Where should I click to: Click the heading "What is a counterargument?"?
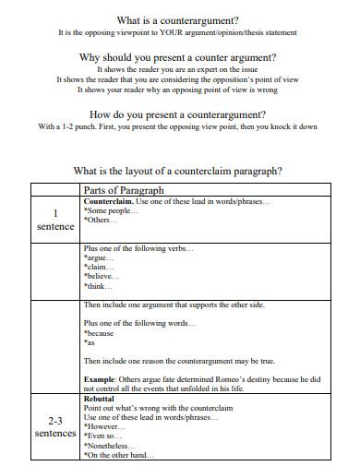click(x=179, y=19)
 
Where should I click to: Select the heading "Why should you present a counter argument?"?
click(x=179, y=57)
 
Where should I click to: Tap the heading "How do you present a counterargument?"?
click(x=179, y=114)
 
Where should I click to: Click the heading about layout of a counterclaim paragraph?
click(x=177, y=170)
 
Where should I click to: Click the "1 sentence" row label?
click(x=54, y=219)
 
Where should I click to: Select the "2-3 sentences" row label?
click(x=54, y=426)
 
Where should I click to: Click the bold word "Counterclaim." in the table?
click(x=108, y=201)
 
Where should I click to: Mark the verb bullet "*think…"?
click(x=98, y=290)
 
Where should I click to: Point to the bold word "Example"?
click(x=101, y=378)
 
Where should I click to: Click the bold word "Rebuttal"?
click(x=99, y=399)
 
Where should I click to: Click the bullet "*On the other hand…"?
click(x=119, y=456)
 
